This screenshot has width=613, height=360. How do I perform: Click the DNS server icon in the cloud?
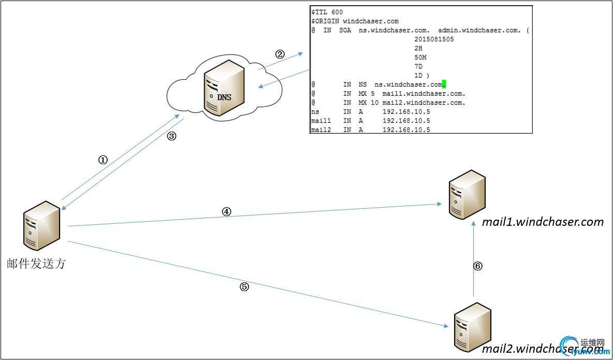tap(224, 89)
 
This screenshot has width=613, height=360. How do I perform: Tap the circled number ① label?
tap(103, 160)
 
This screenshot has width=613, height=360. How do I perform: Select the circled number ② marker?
tap(280, 54)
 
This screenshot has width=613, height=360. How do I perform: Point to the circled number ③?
tap(172, 137)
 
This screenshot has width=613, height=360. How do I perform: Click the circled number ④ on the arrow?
tap(226, 211)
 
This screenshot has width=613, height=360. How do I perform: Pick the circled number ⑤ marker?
tap(244, 287)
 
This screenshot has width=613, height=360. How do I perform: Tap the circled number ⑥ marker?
tap(478, 266)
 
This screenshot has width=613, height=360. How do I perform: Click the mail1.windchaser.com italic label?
tap(543, 222)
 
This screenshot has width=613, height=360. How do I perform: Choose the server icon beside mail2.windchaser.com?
tap(472, 327)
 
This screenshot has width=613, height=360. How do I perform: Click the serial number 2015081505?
tap(434, 39)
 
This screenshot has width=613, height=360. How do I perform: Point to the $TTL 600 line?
tap(327, 12)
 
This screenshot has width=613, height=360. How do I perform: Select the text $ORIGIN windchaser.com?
tap(355, 21)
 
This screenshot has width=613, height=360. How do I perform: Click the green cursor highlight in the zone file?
tap(444, 84)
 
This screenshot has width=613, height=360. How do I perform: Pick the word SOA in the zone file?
tap(344, 31)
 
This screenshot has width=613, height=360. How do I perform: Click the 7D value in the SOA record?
tap(418, 66)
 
